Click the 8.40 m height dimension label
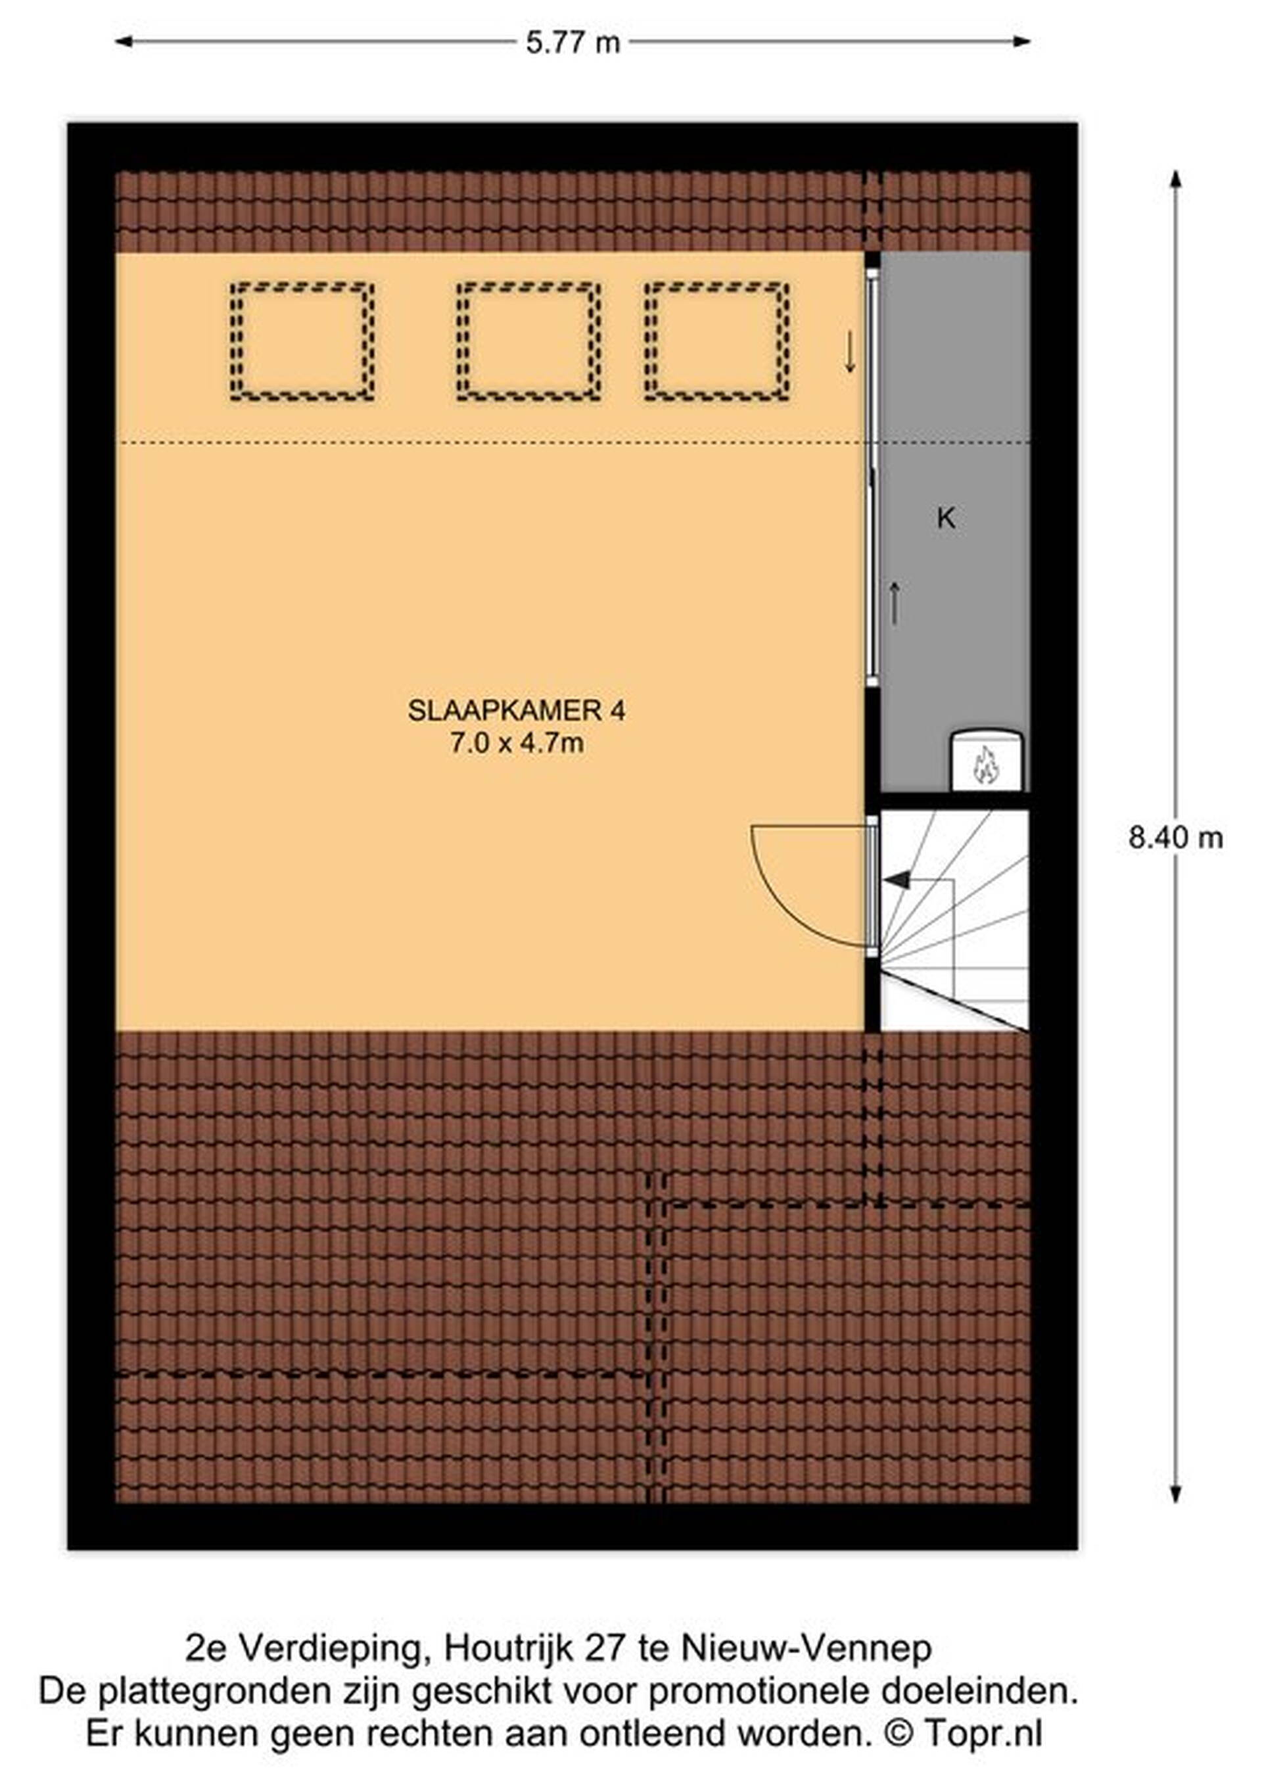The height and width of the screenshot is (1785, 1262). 1176,838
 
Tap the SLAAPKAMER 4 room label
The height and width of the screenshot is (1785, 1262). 517,711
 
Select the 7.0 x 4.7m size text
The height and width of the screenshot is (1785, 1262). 517,744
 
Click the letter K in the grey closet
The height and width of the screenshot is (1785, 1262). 946,518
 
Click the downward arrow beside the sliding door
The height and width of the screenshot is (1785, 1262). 850,352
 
